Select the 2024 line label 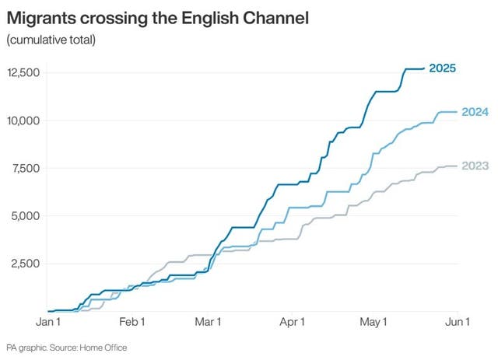[x=474, y=112]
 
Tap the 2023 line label [x=474, y=166]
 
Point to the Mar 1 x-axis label [x=208, y=321]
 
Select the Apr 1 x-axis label [x=291, y=321]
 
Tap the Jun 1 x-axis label [x=457, y=321]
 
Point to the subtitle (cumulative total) [x=51, y=40]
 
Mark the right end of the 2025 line [x=424, y=68]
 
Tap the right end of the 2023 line [x=455, y=166]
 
